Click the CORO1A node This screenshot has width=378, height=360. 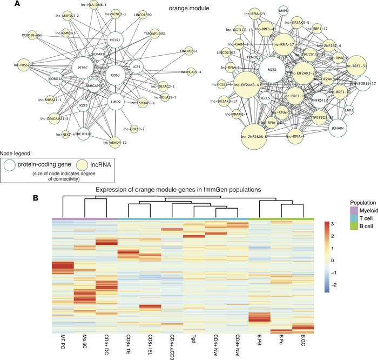57,79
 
